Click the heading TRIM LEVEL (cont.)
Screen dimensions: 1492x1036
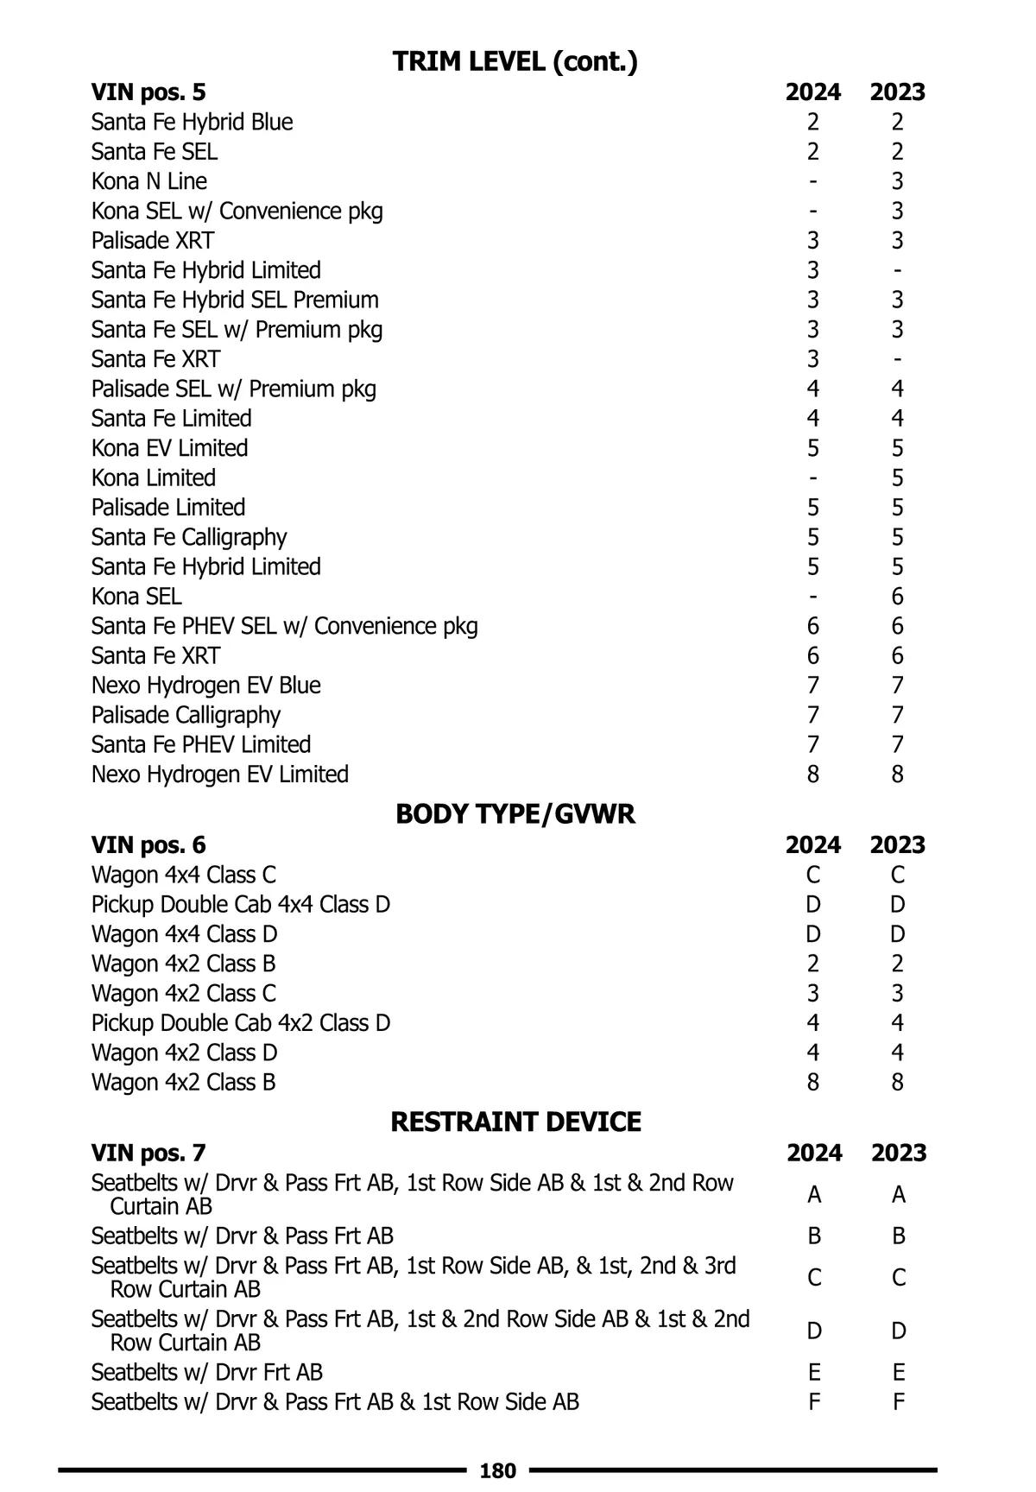tap(515, 62)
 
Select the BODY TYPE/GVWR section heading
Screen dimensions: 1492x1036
tap(515, 814)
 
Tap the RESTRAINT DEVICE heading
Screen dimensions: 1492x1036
tap(515, 1122)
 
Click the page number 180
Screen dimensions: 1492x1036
tap(497, 1470)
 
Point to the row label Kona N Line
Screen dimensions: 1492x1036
tap(149, 181)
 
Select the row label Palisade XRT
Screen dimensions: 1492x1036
tap(153, 240)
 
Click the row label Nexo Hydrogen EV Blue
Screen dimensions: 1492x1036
tap(206, 686)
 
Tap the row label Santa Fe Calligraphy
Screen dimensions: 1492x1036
tap(189, 537)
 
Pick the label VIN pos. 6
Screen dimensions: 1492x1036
tap(148, 844)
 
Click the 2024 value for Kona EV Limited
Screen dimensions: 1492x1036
tap(812, 448)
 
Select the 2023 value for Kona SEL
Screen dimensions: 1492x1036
tap(897, 597)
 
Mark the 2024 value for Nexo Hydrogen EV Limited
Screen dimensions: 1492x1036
tap(812, 774)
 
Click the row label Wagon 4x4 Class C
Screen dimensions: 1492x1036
tap(184, 875)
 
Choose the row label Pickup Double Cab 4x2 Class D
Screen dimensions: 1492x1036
tap(241, 1023)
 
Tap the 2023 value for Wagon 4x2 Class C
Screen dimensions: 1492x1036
tap(897, 994)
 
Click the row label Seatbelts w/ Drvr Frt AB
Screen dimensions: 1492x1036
tap(207, 1372)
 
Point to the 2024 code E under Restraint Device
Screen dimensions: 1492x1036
tap(813, 1372)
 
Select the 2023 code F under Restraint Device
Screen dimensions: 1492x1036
tap(898, 1402)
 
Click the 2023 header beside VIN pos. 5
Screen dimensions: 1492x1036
tap(897, 92)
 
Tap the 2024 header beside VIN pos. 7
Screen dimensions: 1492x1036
tap(814, 1153)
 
